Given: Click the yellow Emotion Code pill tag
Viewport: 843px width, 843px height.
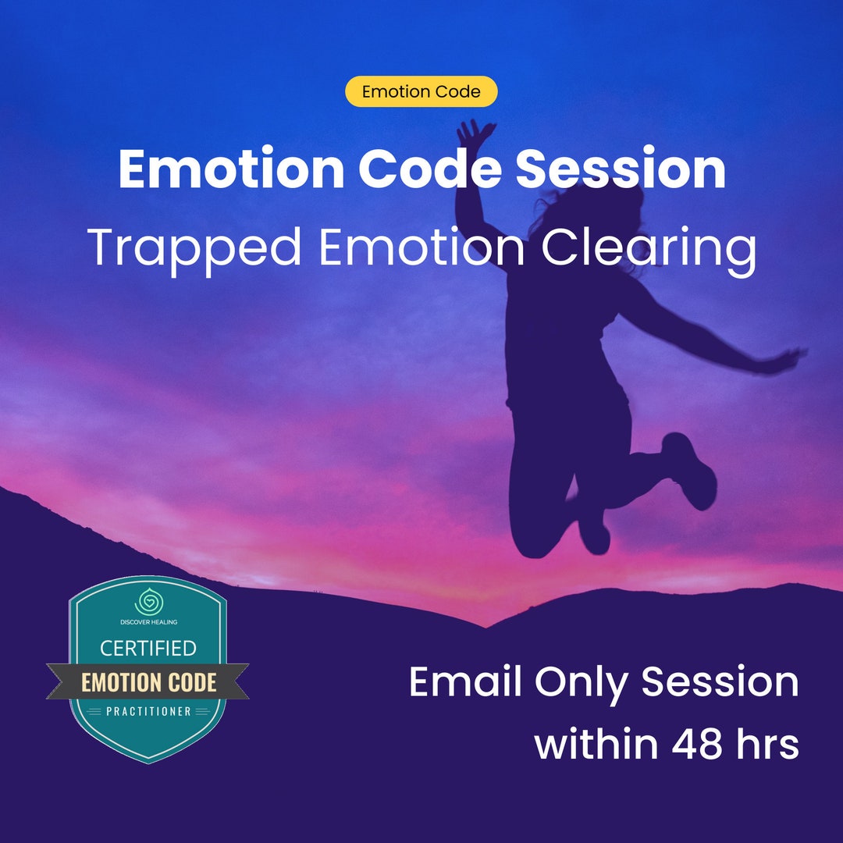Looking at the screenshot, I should point(421,91).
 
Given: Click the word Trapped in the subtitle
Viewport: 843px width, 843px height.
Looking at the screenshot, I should point(194,248).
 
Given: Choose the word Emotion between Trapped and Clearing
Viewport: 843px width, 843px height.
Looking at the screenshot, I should point(421,248).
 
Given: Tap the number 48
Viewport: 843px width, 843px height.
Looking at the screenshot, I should point(699,744).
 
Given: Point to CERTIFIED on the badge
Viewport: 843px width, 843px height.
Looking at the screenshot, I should point(148,648).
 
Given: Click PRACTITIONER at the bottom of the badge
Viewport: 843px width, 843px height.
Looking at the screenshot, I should point(148,711).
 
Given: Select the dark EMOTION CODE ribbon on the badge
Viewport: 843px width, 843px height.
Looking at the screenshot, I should point(148,682).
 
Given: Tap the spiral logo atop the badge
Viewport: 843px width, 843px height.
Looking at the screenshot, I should point(147,603).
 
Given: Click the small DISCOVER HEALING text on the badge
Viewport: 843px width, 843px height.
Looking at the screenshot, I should point(148,621).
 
